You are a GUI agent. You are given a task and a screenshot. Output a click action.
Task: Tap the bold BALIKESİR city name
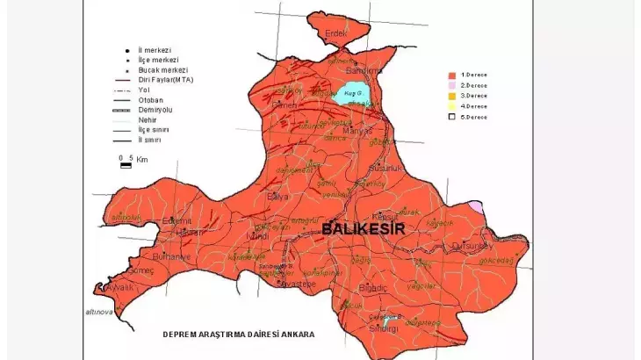click(363, 228)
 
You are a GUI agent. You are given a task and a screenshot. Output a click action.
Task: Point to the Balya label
click(277, 197)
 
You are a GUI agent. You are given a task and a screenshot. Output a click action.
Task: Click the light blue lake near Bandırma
click(351, 96)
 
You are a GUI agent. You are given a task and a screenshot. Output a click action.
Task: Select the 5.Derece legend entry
click(475, 117)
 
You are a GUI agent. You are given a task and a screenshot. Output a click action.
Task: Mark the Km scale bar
click(126, 164)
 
